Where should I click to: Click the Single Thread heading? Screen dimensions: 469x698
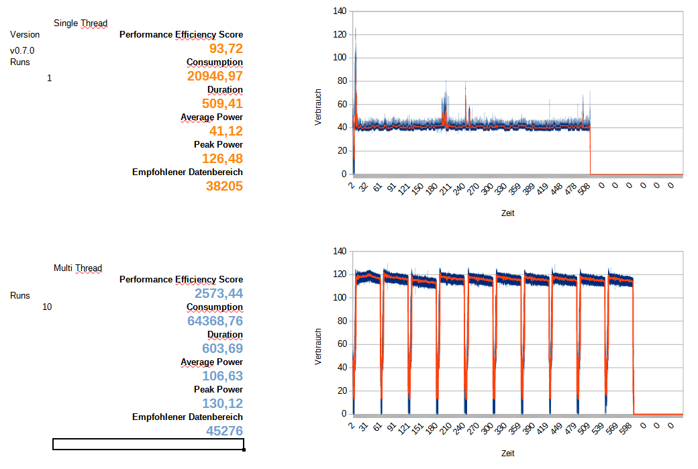pos(81,23)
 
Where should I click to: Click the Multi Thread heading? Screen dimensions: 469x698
pos(78,268)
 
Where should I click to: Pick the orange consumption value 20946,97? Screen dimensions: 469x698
pos(215,76)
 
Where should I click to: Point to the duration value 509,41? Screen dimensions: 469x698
pos(222,103)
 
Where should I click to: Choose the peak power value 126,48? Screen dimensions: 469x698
pos(222,158)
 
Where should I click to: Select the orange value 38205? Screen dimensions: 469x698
pos(224,186)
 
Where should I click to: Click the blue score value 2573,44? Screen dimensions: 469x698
pos(219,293)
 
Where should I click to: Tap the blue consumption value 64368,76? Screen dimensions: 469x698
pos(215,321)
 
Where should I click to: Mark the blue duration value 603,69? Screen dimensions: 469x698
pos(222,348)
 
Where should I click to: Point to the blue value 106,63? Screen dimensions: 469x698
pos(222,376)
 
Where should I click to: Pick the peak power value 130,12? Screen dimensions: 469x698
pos(222,403)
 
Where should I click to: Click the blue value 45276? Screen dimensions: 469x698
pos(224,431)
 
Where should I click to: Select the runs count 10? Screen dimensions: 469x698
pos(47,307)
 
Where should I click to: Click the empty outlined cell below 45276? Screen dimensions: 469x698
pos(148,444)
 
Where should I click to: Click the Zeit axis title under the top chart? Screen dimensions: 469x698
pos(508,213)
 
